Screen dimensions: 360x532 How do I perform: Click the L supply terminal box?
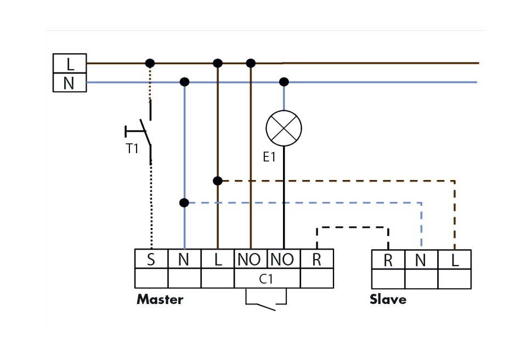tap(70, 63)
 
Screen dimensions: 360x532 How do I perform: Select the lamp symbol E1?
tap(284, 128)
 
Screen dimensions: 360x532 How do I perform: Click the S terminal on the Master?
tap(151, 259)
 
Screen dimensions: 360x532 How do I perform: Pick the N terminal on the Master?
tap(184, 259)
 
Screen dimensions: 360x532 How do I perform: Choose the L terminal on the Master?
tap(218, 259)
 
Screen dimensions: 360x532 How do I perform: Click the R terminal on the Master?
tap(316, 259)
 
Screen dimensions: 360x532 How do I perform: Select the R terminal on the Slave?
tap(388, 260)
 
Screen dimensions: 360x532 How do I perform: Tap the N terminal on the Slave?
tap(421, 260)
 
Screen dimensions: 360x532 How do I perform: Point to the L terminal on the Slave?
tap(454, 260)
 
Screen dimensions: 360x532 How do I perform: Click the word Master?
tap(160, 300)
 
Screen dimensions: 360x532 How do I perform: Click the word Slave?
tap(388, 300)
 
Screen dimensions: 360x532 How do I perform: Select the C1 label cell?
tap(267, 278)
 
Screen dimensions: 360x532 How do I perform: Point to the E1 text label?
tap(269, 157)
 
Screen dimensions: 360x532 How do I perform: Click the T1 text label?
tap(132, 149)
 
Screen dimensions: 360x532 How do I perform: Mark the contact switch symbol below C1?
tap(267, 302)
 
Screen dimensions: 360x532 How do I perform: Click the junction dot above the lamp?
tap(284, 82)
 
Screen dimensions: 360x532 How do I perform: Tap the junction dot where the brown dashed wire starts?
tap(218, 181)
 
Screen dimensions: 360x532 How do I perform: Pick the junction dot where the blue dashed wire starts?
tap(184, 203)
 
